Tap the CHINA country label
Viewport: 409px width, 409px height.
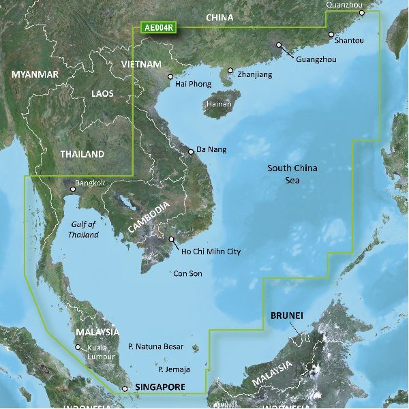[x=219, y=18]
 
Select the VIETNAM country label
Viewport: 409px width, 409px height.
[x=142, y=64]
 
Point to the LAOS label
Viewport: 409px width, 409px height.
[x=103, y=93]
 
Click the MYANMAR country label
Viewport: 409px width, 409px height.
[x=35, y=74]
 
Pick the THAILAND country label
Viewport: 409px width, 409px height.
[x=82, y=154]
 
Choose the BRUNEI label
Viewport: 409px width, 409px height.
[x=287, y=316]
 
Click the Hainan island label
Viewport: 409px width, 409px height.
[x=219, y=104]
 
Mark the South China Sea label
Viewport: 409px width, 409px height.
[x=292, y=174]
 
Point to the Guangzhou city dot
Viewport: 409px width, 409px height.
[x=279, y=46]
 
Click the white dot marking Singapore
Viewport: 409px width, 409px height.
[x=124, y=389]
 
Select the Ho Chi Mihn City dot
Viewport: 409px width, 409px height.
[x=172, y=239]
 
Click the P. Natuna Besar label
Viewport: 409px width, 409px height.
[x=156, y=347]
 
